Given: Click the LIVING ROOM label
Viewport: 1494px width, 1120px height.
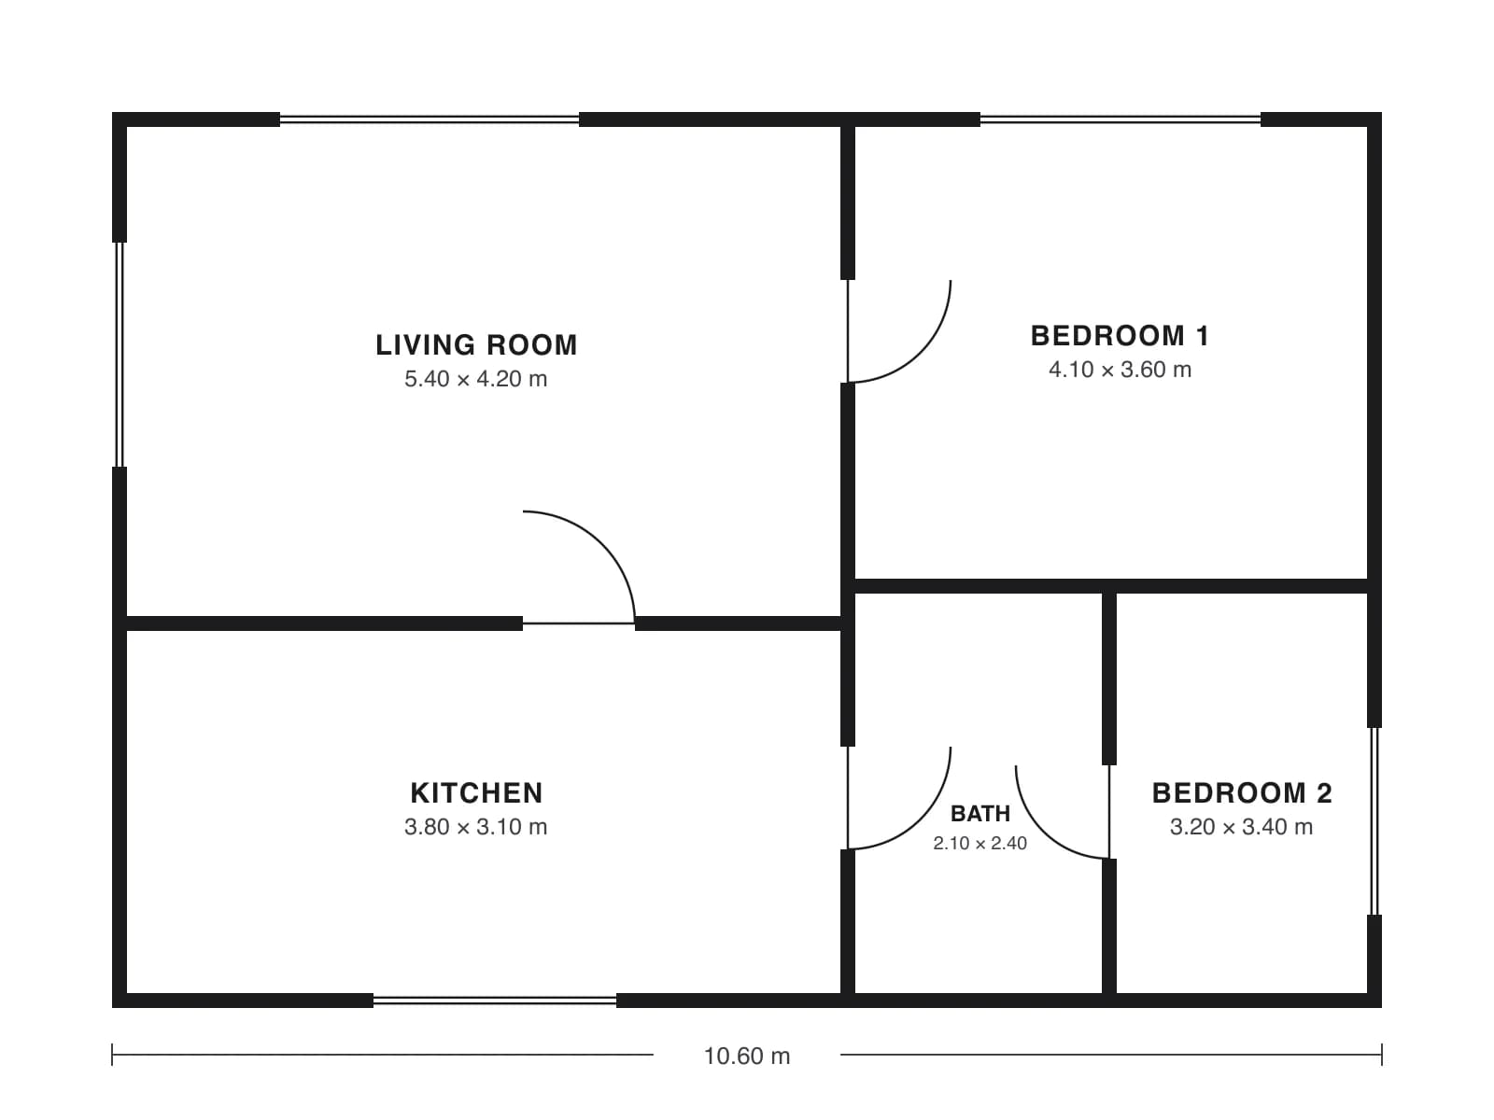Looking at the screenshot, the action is tap(476, 344).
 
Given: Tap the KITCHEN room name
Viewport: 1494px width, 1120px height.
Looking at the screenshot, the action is tap(476, 793).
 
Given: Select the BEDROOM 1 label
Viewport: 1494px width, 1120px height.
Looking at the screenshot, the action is tap(1120, 336).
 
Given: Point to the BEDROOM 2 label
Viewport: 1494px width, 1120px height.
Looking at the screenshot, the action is tap(1242, 793).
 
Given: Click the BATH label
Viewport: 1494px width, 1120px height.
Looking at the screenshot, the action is tap(980, 813).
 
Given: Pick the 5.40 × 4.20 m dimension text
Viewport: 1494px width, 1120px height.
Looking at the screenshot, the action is tap(476, 379).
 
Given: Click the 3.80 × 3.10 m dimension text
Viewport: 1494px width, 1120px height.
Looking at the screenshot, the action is tap(476, 827).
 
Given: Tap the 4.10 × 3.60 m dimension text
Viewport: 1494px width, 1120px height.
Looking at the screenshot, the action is tap(1120, 370).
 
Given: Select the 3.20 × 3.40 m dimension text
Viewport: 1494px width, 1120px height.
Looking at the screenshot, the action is tap(1242, 827).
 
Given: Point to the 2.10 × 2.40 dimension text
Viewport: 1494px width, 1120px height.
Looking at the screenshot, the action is tap(980, 843).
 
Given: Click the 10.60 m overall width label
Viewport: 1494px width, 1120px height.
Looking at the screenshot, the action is tap(747, 1057).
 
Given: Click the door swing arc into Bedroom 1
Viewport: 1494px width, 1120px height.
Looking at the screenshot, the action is tap(921, 353).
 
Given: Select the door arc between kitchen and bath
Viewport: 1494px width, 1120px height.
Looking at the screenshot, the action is tap(921, 819).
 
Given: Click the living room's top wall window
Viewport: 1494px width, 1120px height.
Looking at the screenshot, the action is tap(430, 119).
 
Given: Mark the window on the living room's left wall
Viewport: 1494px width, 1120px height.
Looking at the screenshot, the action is tap(120, 355).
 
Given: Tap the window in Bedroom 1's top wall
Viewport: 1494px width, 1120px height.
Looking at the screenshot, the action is tap(1120, 119).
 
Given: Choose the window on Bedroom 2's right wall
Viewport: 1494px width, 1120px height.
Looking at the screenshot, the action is tap(1374, 820).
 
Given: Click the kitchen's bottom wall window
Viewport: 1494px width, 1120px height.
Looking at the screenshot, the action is tap(495, 1001).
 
